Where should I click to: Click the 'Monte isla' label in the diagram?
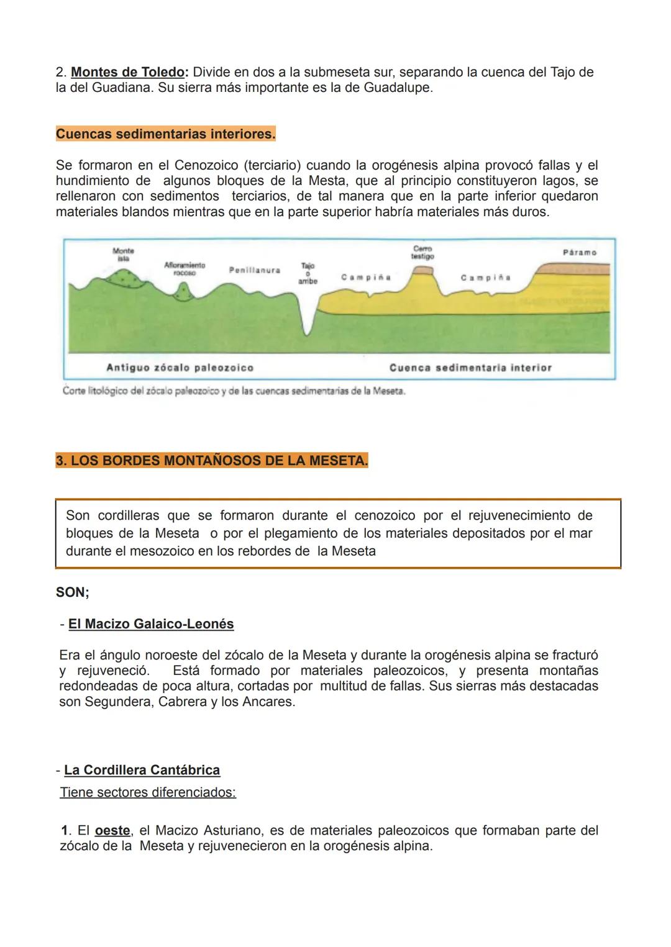(123, 253)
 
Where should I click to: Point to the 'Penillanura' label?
(255, 270)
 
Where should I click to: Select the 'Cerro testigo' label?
(422, 252)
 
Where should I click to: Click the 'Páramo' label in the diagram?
(579, 253)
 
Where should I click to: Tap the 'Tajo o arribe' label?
(308, 273)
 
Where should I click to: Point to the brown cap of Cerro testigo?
(423, 270)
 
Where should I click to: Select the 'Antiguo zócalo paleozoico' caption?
(180, 368)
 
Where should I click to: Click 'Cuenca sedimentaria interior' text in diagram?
(470, 368)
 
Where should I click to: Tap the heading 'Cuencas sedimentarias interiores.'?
(165, 134)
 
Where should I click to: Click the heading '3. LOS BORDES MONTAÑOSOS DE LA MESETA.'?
(212, 461)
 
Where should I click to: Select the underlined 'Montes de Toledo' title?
(127, 72)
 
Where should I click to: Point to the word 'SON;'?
(73, 592)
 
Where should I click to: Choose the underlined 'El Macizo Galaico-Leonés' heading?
(151, 624)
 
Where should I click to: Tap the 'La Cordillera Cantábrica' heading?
(142, 770)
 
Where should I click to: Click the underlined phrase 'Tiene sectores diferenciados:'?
(148, 792)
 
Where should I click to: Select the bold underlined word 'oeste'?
(112, 830)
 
